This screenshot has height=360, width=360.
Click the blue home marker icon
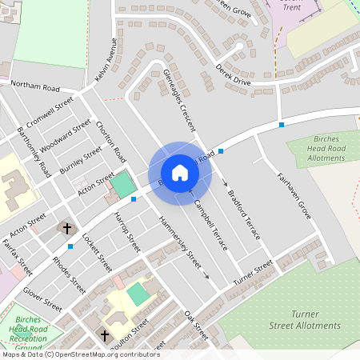pyautogui.click(x=180, y=172)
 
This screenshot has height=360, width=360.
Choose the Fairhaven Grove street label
pyautogui.click(x=294, y=197)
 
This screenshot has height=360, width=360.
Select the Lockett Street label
pyautogui.click(x=97, y=246)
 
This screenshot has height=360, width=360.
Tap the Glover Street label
pyautogui.click(x=42, y=299)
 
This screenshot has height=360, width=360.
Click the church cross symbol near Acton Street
pyautogui.click(x=67, y=229)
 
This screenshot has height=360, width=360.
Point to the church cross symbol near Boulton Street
pyautogui.click(x=104, y=335)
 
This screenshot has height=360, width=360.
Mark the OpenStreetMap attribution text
pyautogui.click(x=80, y=354)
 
